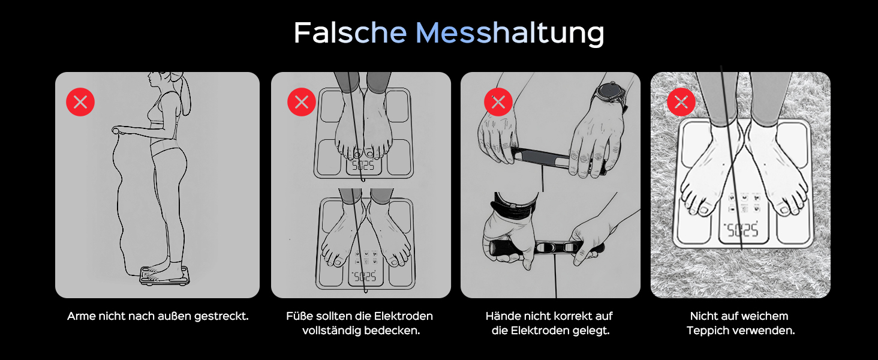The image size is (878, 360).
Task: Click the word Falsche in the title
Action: pos(350,32)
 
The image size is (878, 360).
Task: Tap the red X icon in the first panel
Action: pos(80,102)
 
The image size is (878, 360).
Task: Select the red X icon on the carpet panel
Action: pos(681,102)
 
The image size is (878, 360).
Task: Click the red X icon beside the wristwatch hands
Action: pos(498,102)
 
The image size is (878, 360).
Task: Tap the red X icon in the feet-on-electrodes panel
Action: pos(302,102)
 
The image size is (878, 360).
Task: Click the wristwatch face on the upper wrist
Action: pos(610,95)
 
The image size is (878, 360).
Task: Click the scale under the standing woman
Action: pos(164,275)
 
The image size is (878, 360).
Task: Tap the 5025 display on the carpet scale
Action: pos(741,230)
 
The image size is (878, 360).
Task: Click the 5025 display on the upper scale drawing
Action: pos(363,166)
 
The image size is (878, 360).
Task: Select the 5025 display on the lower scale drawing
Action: pos(365,277)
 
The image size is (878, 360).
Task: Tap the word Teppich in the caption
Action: pos(708,331)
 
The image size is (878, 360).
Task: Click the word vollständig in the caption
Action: pos(331,331)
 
